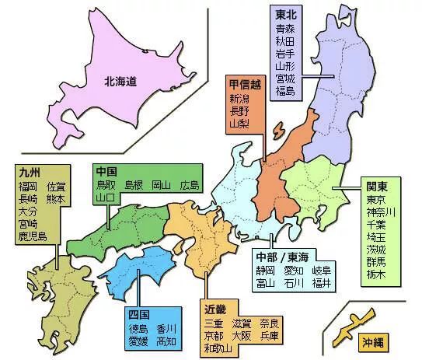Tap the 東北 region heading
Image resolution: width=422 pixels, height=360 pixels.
(x=284, y=13)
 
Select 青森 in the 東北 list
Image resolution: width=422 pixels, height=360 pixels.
(x=284, y=28)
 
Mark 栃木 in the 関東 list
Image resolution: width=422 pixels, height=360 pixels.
(x=377, y=274)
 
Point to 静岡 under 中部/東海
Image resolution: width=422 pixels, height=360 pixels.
(x=265, y=270)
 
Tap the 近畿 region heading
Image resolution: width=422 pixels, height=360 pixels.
(x=218, y=309)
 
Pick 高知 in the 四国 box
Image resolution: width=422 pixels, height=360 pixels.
(x=166, y=341)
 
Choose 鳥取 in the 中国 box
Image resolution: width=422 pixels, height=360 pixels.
(x=106, y=185)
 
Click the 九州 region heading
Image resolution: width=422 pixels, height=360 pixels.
(x=28, y=172)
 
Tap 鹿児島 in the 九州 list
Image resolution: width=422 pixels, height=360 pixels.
(x=33, y=236)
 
